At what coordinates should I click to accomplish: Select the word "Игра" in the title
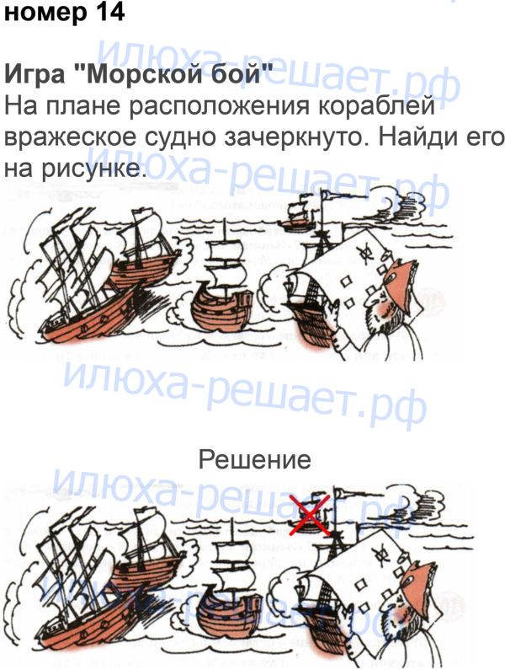(x=35, y=74)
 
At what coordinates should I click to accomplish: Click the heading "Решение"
(x=255, y=460)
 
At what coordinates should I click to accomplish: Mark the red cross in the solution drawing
(x=310, y=515)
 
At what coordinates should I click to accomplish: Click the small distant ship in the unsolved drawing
(x=294, y=215)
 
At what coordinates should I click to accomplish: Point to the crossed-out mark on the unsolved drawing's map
(x=364, y=251)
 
